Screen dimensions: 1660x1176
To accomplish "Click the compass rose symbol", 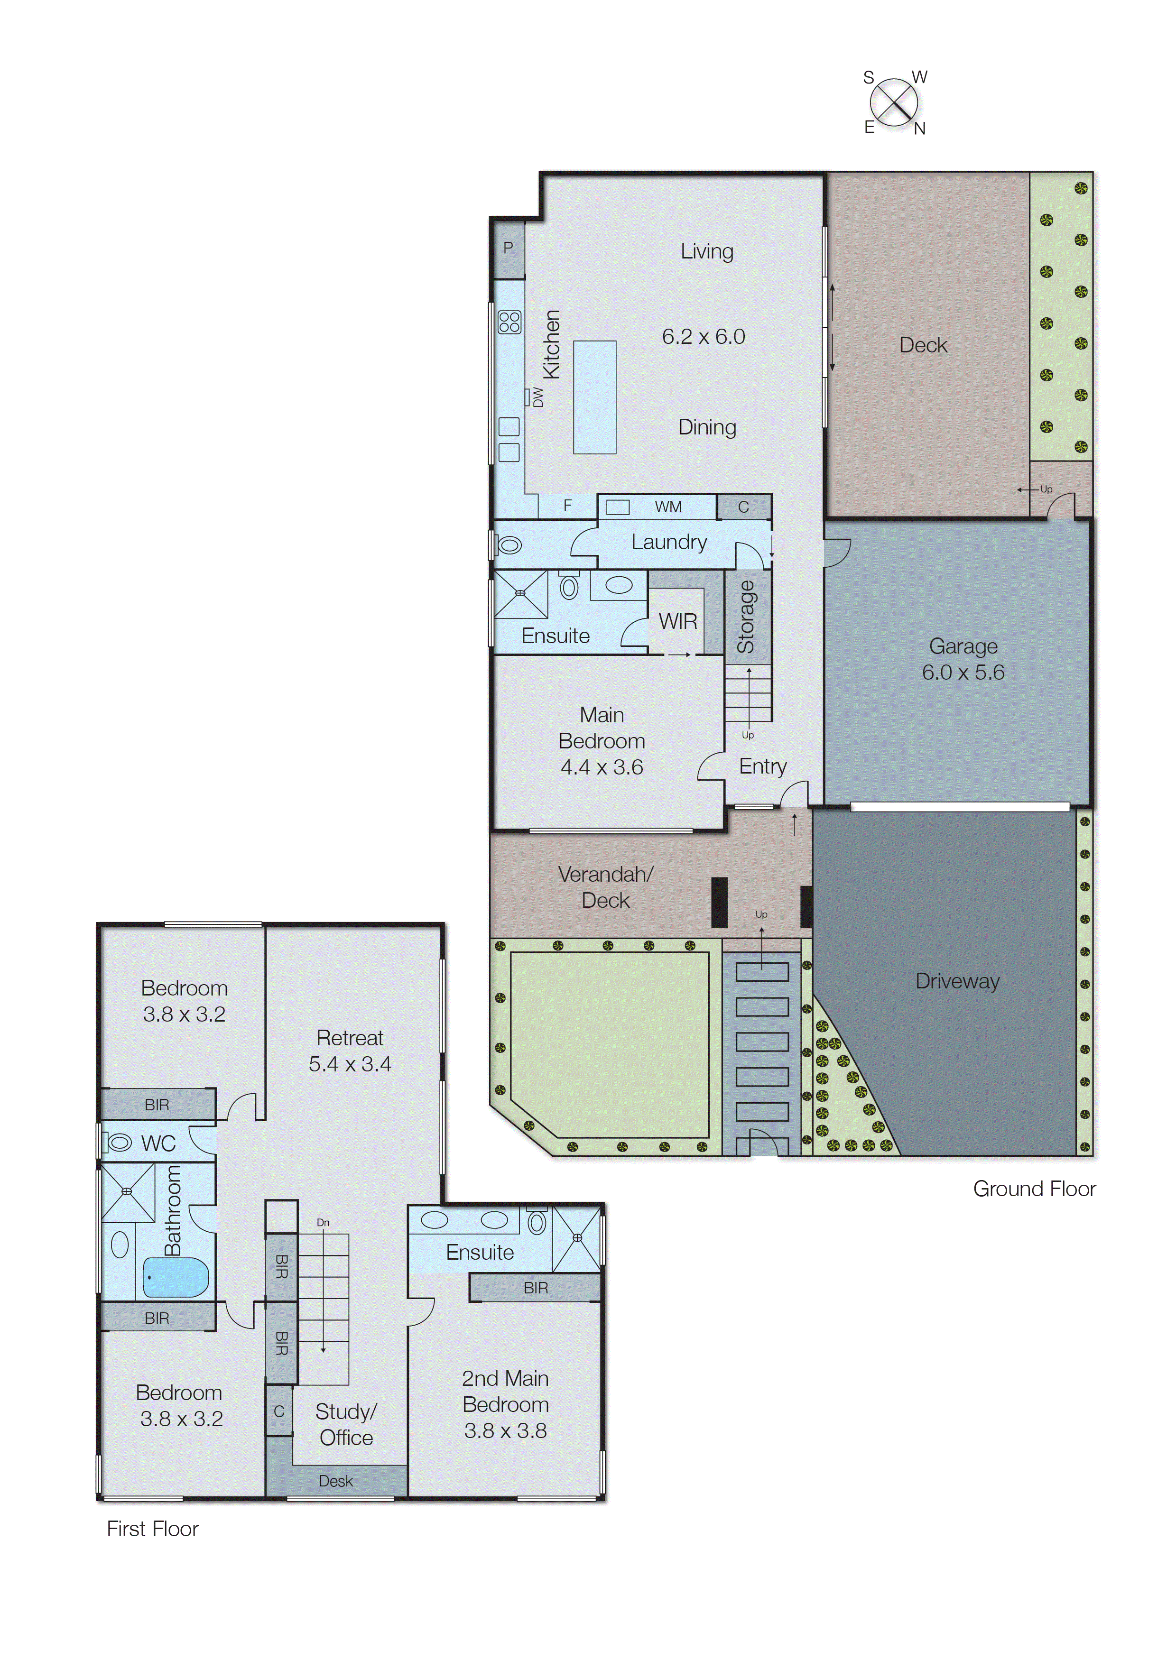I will pos(894,102).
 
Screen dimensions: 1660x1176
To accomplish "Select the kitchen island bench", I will pos(594,397).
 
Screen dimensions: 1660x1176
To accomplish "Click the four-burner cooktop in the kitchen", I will pos(509,322).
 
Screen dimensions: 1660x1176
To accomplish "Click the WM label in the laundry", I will pos(667,507).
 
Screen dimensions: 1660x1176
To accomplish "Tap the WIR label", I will pos(678,621).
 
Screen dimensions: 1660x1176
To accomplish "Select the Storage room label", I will pos(746,616).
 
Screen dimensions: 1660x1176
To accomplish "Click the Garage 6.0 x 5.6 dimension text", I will pos(963,673).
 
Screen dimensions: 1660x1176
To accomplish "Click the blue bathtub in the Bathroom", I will pos(176,1277).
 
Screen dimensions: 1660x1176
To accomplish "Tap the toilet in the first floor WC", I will pos(117,1143).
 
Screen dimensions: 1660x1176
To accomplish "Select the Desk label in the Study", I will pos(335,1481).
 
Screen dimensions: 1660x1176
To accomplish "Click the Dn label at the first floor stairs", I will pos(323,1222).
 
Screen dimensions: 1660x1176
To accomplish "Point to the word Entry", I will pos(762,766).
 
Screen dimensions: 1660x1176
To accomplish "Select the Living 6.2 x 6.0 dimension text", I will pos(703,337).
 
